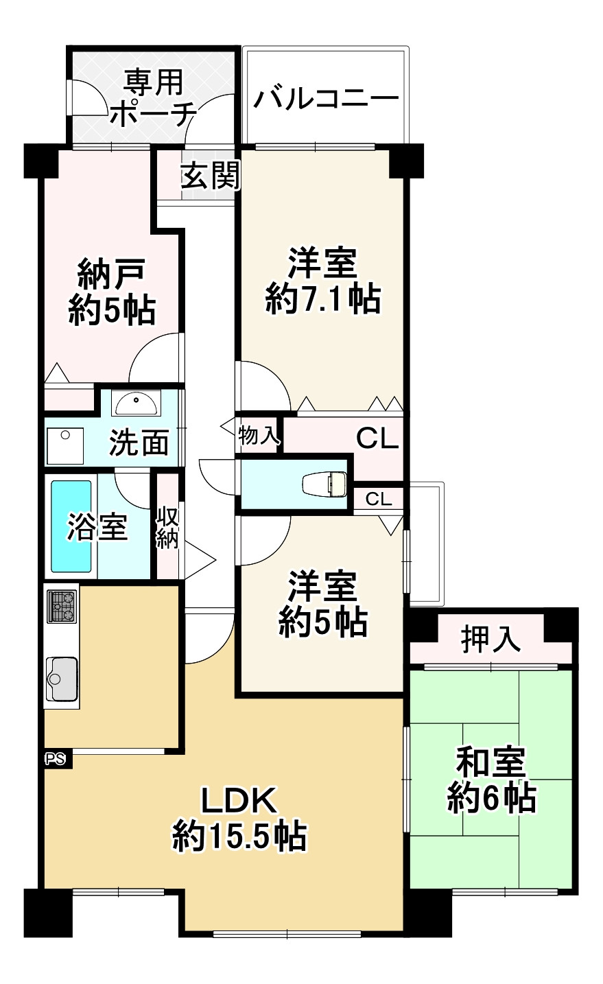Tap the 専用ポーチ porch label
(x=153, y=98)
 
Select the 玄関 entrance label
(x=210, y=177)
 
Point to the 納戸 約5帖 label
(x=111, y=292)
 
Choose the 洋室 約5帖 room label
(x=322, y=605)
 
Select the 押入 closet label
(x=490, y=640)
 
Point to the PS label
(x=55, y=759)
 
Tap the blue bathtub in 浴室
(x=71, y=527)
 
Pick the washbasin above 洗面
(x=137, y=403)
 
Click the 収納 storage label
(x=167, y=528)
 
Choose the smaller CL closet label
(x=379, y=499)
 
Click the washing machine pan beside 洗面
(x=64, y=445)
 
